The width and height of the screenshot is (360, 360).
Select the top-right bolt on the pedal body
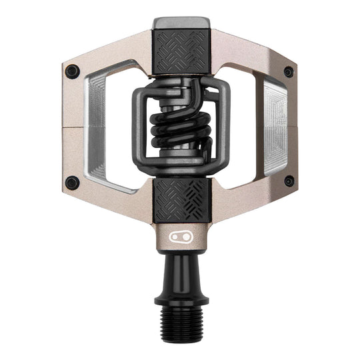(x=288, y=71)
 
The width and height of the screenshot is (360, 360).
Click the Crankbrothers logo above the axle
(x=180, y=236)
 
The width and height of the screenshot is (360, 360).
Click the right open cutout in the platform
(x=243, y=127)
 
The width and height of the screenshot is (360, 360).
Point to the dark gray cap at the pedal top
(x=180, y=23)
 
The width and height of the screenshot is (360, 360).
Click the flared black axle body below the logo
(x=180, y=270)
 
